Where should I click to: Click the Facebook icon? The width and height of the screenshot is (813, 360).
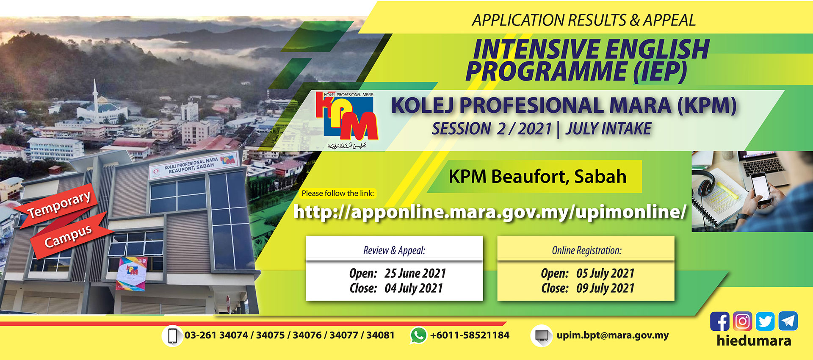click(x=719, y=321)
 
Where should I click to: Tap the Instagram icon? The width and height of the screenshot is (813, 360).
click(x=742, y=321)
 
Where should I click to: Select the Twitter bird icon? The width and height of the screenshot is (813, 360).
click(x=765, y=321)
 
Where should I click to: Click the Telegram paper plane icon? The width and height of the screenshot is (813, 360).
click(x=788, y=321)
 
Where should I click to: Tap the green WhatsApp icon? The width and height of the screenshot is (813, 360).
click(x=418, y=335)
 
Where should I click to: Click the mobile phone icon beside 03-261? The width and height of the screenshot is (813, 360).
click(x=172, y=336)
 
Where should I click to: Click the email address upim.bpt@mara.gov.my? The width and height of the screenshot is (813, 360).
click(x=613, y=335)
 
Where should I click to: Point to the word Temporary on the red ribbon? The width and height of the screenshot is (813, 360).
click(x=59, y=204)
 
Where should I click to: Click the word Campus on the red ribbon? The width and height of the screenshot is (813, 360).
click(x=68, y=236)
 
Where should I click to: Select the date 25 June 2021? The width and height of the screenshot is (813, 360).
click(x=415, y=274)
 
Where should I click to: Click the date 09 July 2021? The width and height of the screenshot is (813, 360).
click(x=605, y=288)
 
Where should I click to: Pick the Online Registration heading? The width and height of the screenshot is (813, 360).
click(x=587, y=250)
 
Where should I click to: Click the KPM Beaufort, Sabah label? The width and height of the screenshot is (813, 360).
click(x=537, y=176)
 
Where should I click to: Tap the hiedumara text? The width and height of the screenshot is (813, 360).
click(x=754, y=341)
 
